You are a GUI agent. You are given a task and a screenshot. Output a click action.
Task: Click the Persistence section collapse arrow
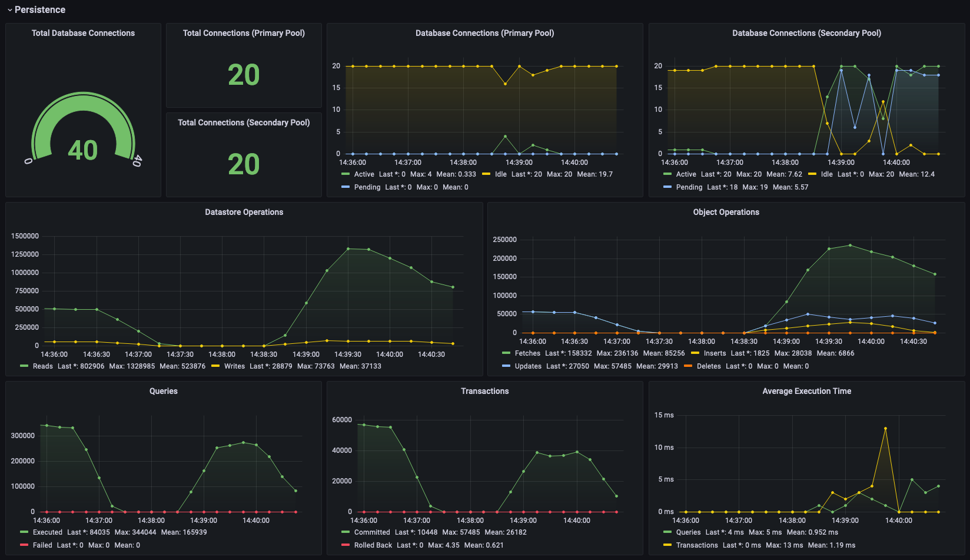9,10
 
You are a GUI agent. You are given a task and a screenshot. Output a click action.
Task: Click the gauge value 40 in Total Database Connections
83,150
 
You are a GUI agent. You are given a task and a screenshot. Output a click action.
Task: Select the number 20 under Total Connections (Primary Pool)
244,75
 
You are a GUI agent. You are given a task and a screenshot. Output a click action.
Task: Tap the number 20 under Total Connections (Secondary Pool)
244,165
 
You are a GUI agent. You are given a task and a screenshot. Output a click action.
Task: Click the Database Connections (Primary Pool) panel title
484,33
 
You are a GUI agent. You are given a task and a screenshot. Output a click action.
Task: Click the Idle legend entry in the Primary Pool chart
500,174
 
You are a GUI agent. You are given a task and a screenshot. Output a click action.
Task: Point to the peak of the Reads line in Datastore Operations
348,248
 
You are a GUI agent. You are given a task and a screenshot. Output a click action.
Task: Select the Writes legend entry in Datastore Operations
234,366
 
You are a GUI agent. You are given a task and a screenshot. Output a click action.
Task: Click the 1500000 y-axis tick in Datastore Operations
25,236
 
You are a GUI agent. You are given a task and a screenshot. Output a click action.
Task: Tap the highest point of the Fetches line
850,246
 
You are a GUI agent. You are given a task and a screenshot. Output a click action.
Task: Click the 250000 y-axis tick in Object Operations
504,240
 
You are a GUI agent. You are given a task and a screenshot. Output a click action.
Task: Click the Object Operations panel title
726,212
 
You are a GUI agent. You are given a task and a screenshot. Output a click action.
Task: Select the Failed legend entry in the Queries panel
42,545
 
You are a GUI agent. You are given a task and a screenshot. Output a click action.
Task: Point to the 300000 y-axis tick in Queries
23,436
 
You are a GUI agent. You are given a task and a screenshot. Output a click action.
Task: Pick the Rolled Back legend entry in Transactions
373,545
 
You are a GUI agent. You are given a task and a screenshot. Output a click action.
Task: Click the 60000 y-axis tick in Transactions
342,420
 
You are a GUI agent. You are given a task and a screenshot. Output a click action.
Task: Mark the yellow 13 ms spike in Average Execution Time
885,429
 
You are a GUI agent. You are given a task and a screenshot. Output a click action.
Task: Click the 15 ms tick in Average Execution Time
664,415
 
